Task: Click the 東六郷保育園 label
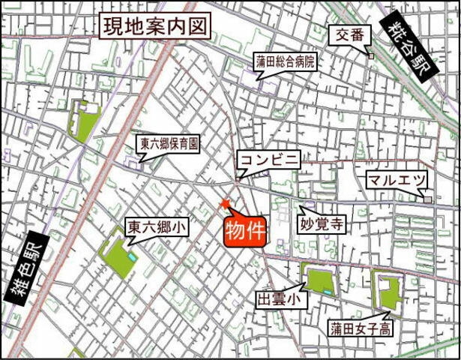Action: [169, 143]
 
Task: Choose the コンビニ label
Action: [269, 159]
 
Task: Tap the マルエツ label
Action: [397, 181]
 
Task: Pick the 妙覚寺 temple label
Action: [322, 224]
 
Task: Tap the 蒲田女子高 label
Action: [359, 328]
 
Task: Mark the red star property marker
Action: [224, 204]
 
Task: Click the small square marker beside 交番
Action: [370, 55]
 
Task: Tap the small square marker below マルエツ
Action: [427, 200]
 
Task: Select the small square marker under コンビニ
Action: [238, 178]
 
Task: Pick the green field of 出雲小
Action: [319, 280]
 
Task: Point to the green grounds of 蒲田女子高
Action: [389, 293]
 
